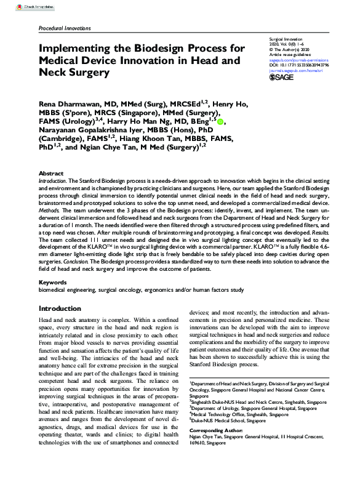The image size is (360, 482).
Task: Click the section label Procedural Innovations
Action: [64, 28]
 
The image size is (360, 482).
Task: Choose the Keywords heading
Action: [53, 283]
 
